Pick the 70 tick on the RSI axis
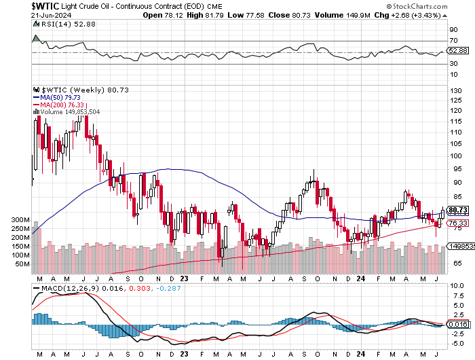(x=452, y=41)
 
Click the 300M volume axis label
(x=20, y=221)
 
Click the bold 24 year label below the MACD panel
(x=361, y=355)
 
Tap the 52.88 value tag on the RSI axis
(x=459, y=50)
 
